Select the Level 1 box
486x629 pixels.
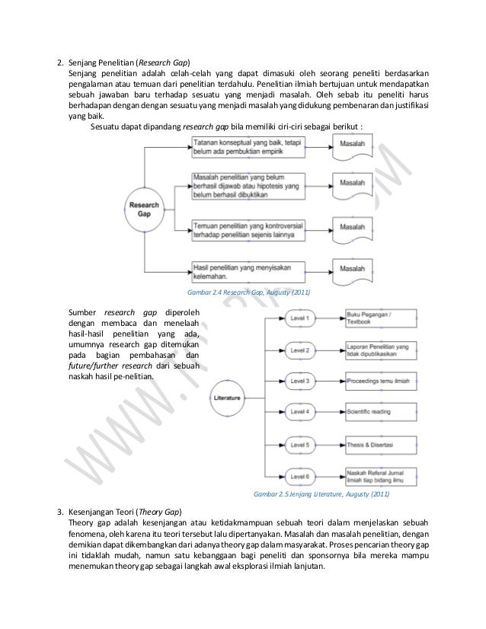point(302,318)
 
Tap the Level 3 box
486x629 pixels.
point(302,381)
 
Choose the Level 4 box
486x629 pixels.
point(302,412)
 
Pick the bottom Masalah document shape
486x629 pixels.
point(351,270)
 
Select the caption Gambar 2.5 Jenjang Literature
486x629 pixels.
point(321,495)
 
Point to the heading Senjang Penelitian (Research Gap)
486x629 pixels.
point(128,61)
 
